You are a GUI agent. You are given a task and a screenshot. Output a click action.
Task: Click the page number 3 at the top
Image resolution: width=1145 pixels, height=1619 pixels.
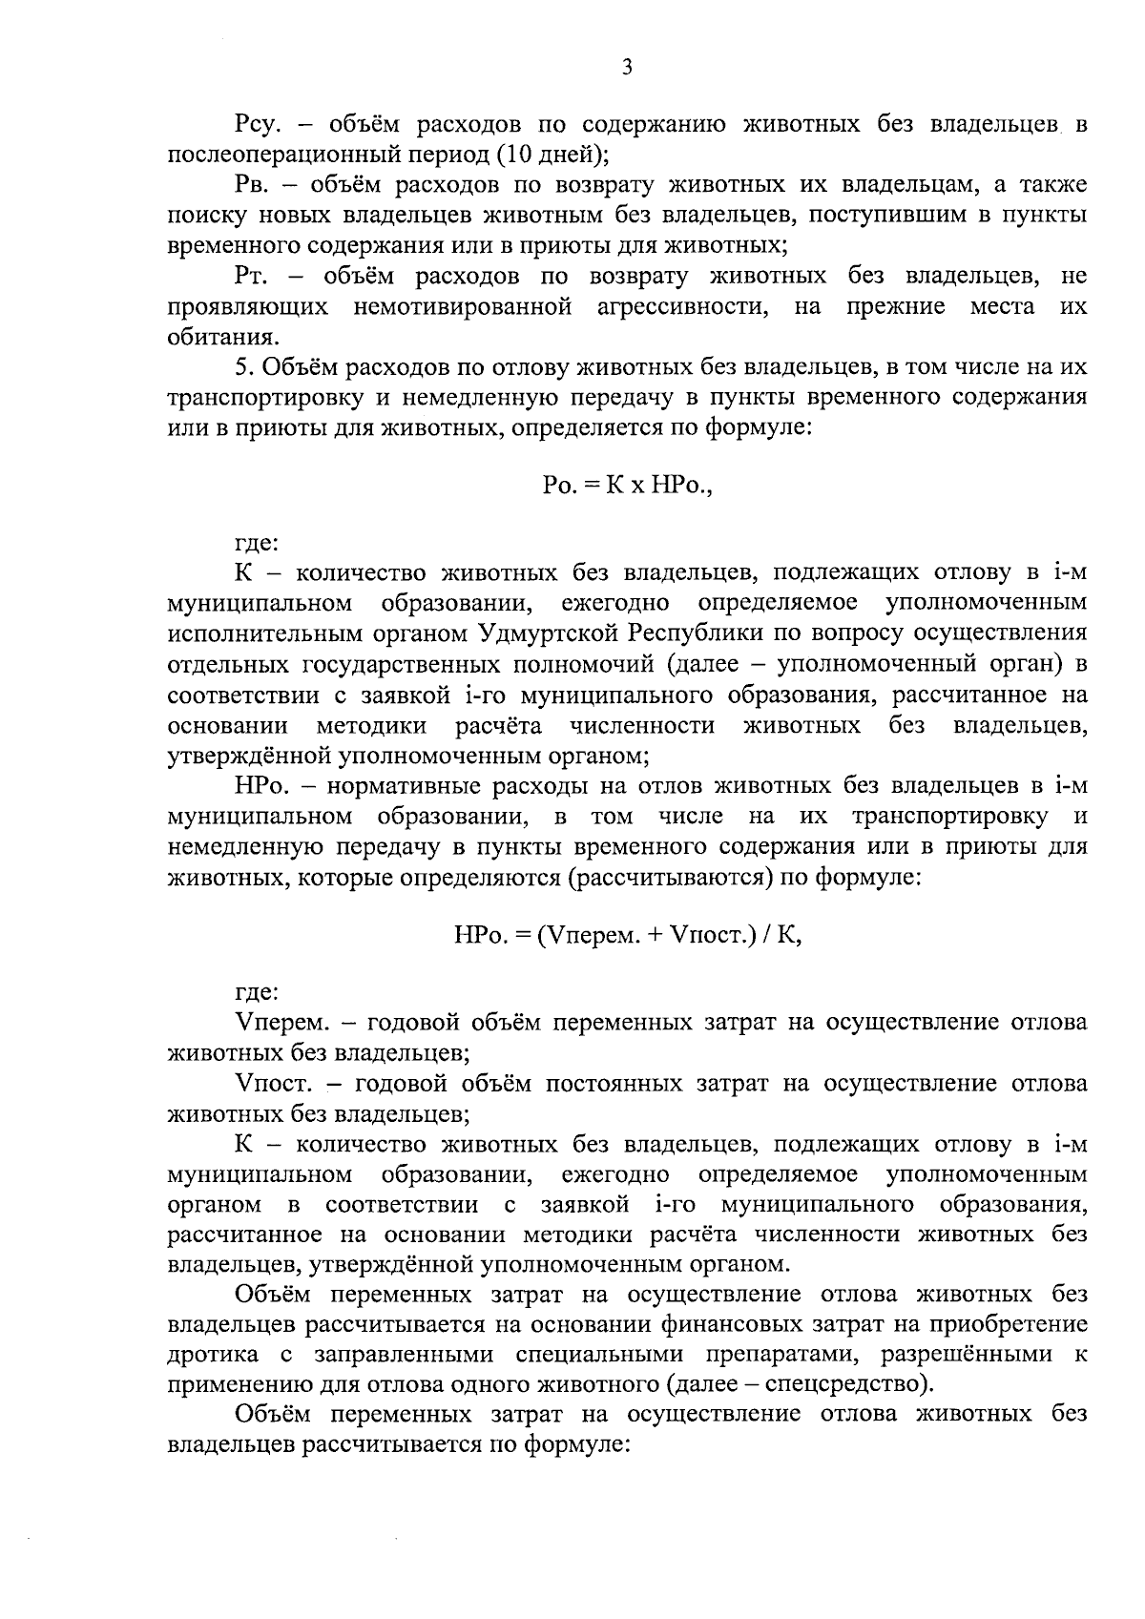coord(627,67)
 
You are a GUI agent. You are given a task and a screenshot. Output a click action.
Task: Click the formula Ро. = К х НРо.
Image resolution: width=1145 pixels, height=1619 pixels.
coord(627,486)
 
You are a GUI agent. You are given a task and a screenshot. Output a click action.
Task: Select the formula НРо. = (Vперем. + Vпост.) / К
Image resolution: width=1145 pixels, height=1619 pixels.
coord(627,936)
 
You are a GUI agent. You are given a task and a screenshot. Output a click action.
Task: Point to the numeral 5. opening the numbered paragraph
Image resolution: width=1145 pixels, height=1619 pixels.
coord(242,367)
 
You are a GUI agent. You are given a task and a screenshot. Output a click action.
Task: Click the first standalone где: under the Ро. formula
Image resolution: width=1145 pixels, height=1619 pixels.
coord(256,545)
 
